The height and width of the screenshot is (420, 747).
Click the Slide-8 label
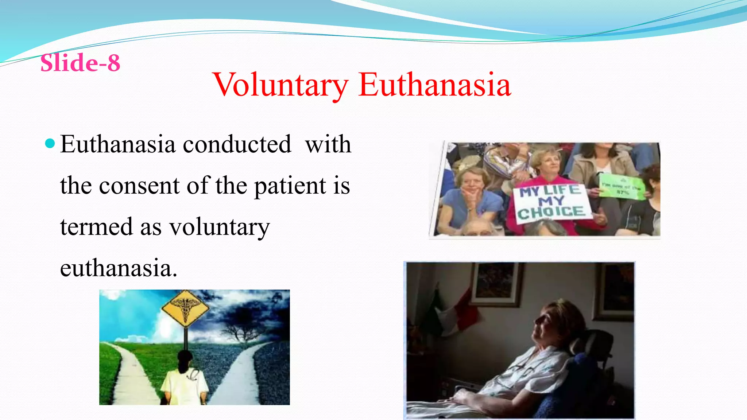[80, 63]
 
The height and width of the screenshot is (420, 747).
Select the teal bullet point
[50, 143]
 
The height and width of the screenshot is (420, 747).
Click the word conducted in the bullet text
[237, 144]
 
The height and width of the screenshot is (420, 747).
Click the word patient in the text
[290, 186]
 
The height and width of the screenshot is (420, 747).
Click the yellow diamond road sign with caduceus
[185, 308]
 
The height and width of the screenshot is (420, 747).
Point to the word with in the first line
[328, 144]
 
